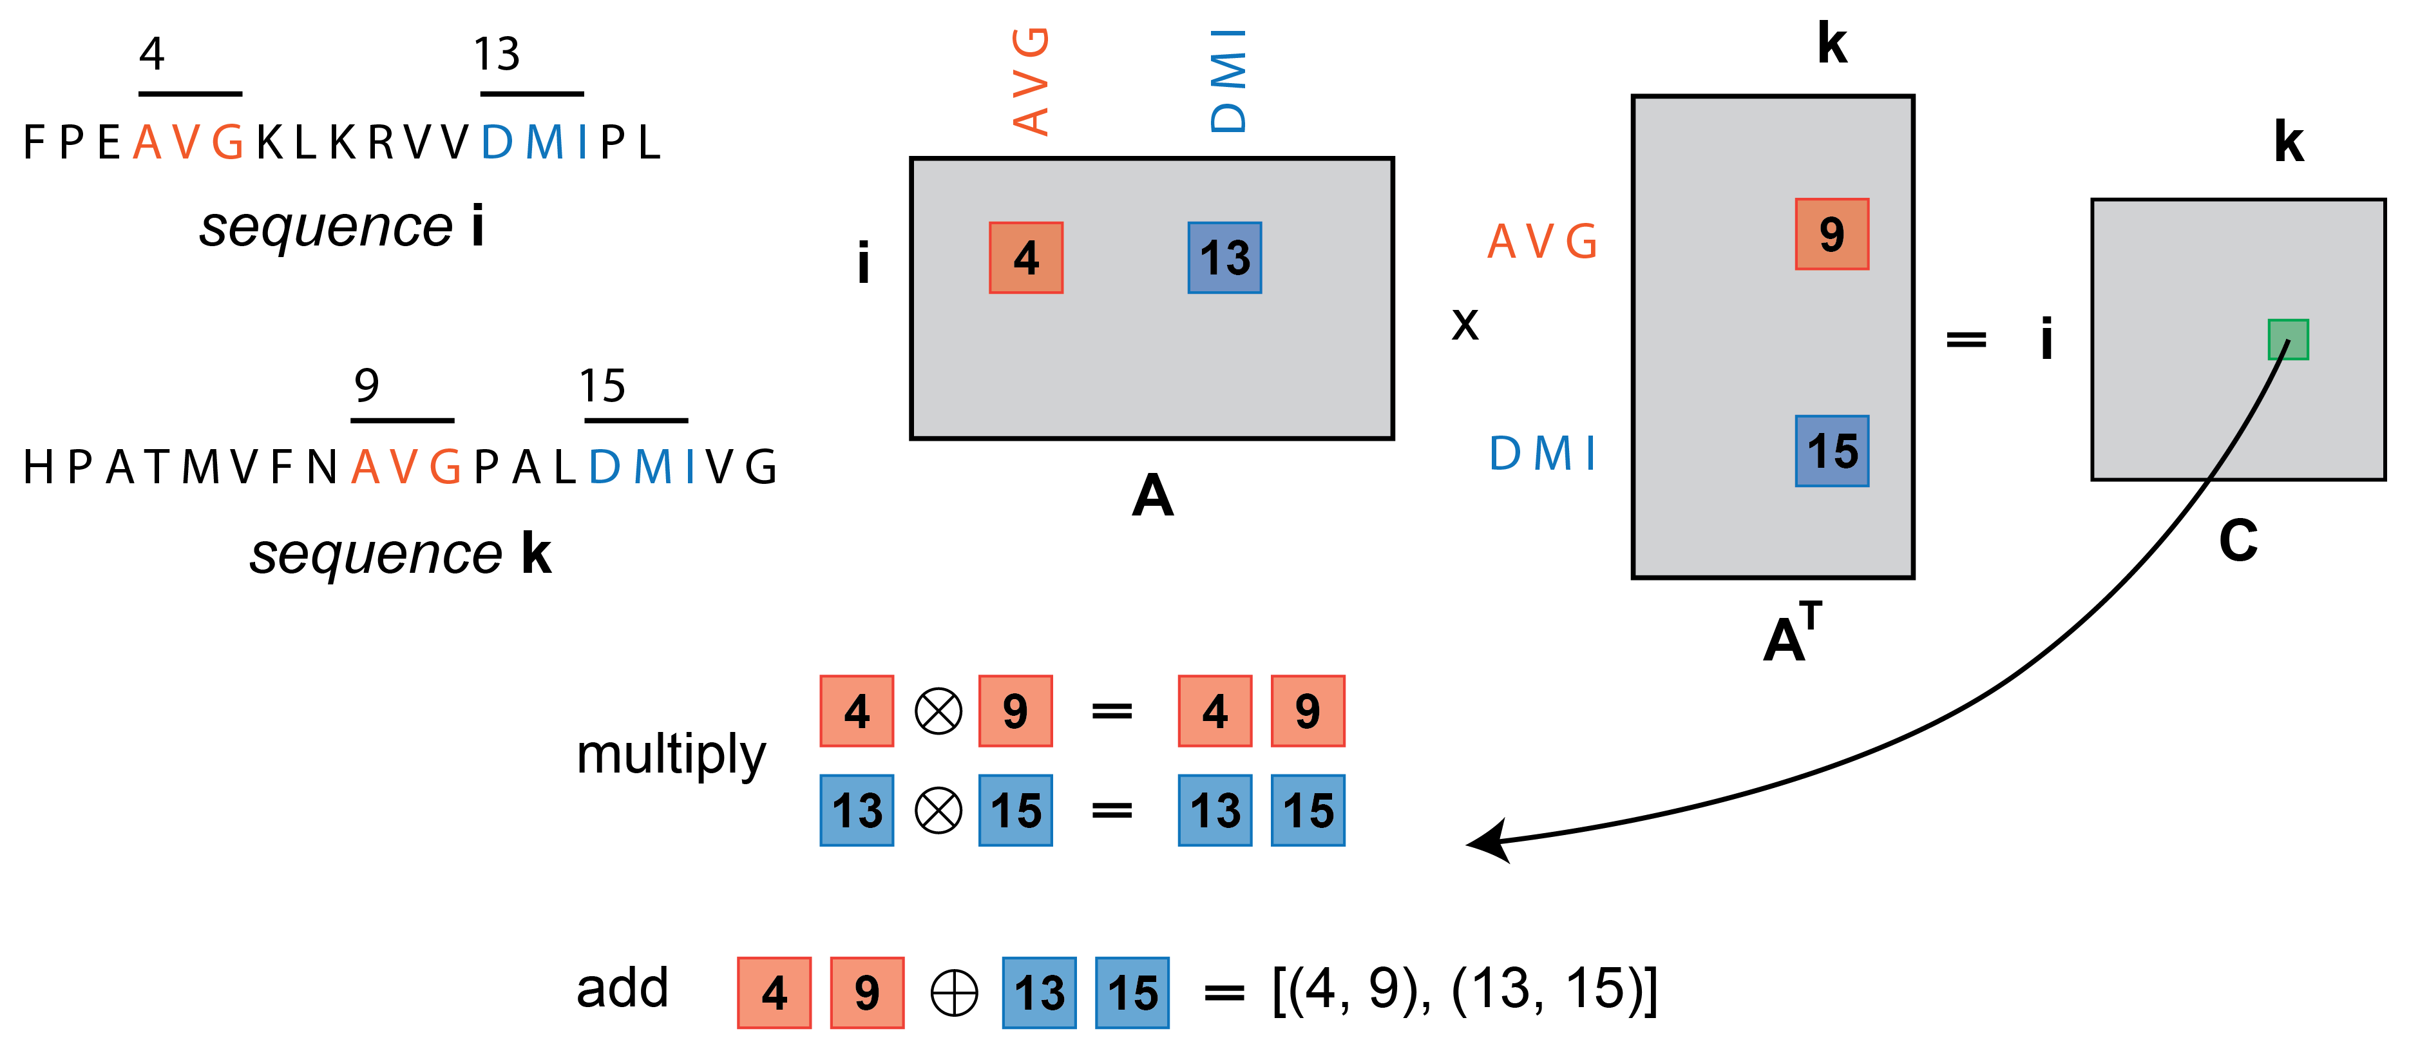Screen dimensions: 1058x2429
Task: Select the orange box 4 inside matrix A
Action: pyautogui.click(x=1026, y=258)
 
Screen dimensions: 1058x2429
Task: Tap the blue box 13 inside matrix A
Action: pyautogui.click(x=1224, y=258)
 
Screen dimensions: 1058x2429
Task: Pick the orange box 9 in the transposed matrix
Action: pyautogui.click(x=1831, y=234)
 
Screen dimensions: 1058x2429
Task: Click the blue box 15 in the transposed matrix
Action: pyautogui.click(x=1831, y=451)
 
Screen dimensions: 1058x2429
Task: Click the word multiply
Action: pyautogui.click(x=671, y=755)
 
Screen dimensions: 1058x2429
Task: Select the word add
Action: pyautogui.click(x=622, y=988)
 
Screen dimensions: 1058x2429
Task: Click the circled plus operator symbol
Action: pyautogui.click(x=953, y=993)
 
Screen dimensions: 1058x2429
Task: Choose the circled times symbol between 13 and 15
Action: pyautogui.click(x=938, y=810)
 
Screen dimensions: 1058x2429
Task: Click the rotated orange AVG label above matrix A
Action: pyautogui.click(x=1030, y=81)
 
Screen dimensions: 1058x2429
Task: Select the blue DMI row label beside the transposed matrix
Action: pyautogui.click(x=1541, y=454)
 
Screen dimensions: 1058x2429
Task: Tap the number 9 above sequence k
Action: pyautogui.click(x=367, y=385)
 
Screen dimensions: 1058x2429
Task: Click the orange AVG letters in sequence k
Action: pyautogui.click(x=405, y=466)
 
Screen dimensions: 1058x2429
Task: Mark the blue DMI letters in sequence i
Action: pyautogui.click(x=535, y=142)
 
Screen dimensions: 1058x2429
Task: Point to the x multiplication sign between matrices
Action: pyautogui.click(x=1464, y=324)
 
